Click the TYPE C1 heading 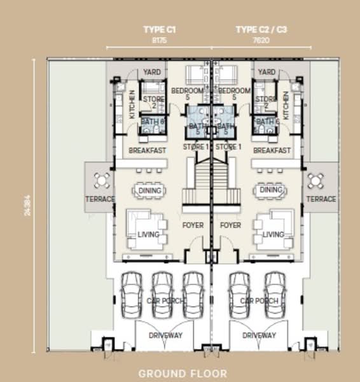[x=159, y=29]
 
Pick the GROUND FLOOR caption [x=183, y=373]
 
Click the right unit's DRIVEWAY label [x=260, y=335]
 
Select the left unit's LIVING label [x=148, y=235]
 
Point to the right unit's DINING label [x=272, y=190]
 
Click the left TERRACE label [x=100, y=199]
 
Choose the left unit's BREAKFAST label [x=148, y=151]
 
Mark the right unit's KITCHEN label [x=286, y=106]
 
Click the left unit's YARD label [x=152, y=72]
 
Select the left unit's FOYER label [x=193, y=225]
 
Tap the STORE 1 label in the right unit [x=228, y=147]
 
